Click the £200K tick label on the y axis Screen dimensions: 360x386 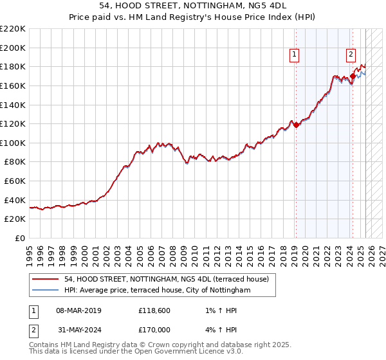tap(14, 48)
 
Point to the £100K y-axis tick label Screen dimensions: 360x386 tap(14, 143)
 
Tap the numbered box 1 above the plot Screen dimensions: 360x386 tap(294, 55)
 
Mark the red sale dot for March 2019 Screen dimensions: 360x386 tap(296, 125)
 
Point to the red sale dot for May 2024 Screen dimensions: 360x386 tap(353, 76)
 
